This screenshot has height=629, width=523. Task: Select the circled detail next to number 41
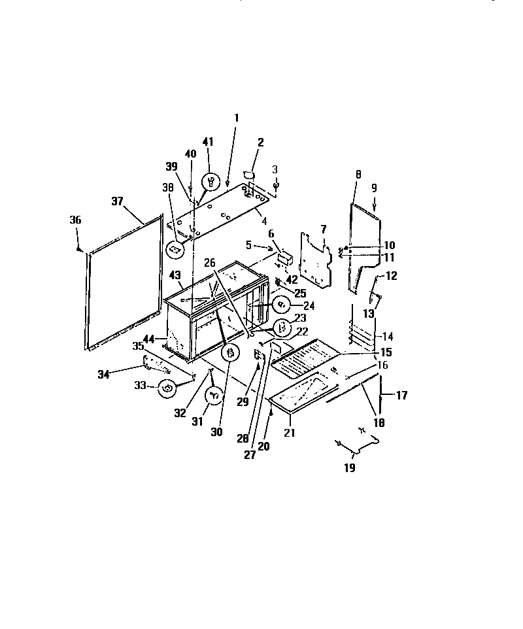pos(211,181)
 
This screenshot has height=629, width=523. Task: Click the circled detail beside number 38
pos(174,249)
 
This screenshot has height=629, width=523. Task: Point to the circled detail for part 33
pos(168,389)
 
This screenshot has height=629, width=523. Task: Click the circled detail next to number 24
pos(281,304)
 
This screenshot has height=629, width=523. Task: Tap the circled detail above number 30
pos(230,352)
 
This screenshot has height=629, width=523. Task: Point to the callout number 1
pos(236,118)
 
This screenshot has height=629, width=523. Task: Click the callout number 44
pos(149,339)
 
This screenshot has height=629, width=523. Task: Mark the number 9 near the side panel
pos(375,187)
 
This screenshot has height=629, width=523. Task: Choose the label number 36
pos(75,221)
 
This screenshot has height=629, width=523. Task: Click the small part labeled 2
pos(248,175)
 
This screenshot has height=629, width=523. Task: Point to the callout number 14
pos(388,337)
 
